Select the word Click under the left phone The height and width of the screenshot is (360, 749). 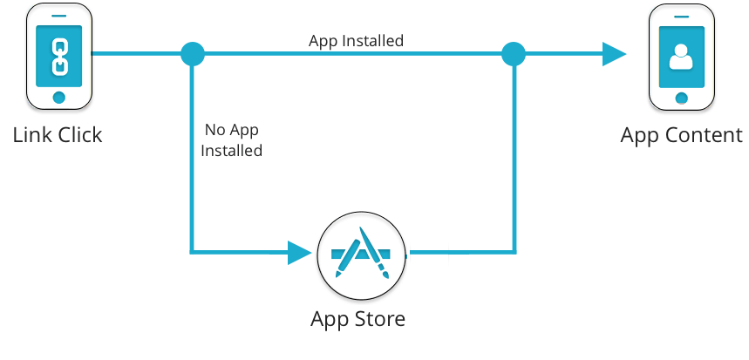[79, 135]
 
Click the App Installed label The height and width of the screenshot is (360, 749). [356, 41]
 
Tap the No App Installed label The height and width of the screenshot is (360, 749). [232, 140]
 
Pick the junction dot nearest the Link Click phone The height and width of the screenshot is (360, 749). [192, 54]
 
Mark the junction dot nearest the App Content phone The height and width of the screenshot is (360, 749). [514, 54]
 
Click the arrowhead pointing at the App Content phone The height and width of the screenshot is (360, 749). [615, 54]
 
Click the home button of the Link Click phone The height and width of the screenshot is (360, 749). [58, 96]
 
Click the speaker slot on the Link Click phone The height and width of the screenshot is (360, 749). [58, 15]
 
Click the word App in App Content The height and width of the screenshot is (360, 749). [641, 135]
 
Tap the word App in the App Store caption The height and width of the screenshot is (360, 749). [330, 318]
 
